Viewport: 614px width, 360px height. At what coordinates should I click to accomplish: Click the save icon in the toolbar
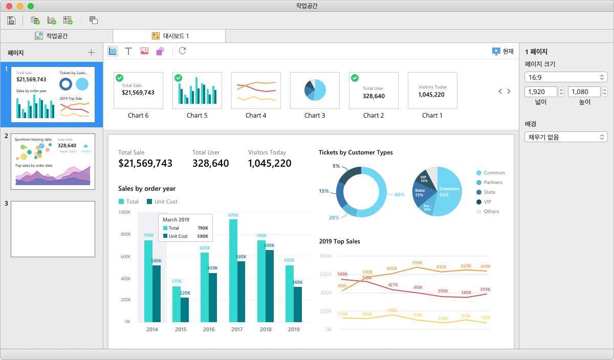tap(11, 20)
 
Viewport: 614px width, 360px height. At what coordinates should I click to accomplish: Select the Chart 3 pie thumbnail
tap(315, 90)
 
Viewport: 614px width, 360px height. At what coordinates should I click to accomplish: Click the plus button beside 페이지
tap(91, 52)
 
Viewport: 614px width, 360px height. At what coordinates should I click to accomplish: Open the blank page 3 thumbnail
tap(53, 229)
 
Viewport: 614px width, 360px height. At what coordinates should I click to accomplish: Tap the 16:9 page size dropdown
tap(565, 77)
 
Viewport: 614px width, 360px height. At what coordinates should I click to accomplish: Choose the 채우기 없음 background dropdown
tap(565, 137)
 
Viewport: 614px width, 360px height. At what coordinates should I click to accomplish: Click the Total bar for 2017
tap(233, 271)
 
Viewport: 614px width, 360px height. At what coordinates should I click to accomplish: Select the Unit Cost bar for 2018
tap(269, 286)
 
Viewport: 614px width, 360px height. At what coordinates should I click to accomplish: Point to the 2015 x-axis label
tap(181, 330)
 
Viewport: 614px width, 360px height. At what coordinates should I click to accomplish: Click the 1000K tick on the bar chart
tap(124, 212)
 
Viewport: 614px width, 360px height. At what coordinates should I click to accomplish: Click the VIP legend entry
tap(487, 202)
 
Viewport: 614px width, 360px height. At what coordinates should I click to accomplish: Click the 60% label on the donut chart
tap(399, 195)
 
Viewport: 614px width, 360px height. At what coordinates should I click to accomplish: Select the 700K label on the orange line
tap(417, 263)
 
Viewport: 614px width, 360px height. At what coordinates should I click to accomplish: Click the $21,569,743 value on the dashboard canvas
tap(145, 164)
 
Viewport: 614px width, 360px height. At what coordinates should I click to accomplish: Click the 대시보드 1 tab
tap(171, 36)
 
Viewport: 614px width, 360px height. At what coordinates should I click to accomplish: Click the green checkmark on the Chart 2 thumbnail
tap(355, 78)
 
